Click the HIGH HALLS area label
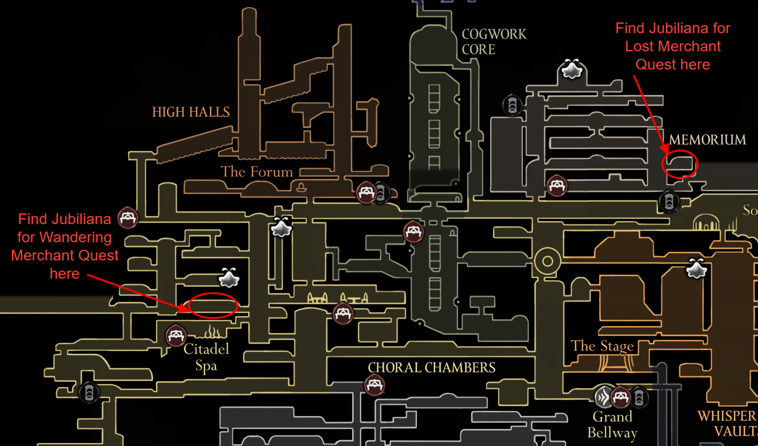191,112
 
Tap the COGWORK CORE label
493,42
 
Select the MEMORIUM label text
707,140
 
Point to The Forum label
257,172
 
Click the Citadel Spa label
206,357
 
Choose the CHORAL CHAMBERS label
431,368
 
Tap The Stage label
602,346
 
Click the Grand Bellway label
612,424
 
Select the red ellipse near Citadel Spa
213,305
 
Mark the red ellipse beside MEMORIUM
679,164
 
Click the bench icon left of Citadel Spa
176,336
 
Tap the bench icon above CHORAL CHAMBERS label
374,385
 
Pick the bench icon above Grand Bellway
621,397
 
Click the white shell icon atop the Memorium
571,70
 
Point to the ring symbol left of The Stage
547,262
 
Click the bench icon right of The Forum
366,192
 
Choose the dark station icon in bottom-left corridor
89,393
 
